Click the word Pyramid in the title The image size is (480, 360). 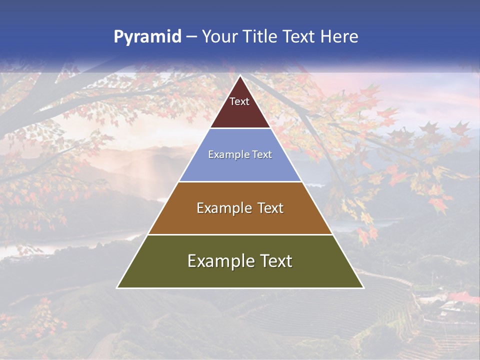coord(147,37)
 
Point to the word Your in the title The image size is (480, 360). coord(218,37)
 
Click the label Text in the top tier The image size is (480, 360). coord(239,101)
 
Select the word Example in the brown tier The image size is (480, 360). coord(222,208)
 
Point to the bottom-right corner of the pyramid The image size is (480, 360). coord(363,287)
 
